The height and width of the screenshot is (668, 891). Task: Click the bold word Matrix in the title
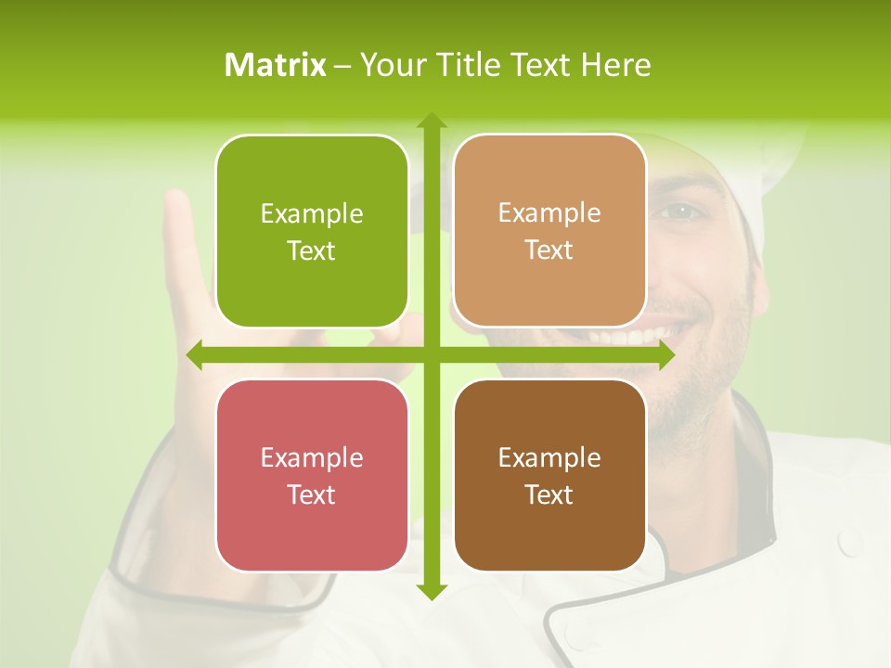pyautogui.click(x=276, y=65)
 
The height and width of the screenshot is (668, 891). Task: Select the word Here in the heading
pyautogui.click(x=616, y=65)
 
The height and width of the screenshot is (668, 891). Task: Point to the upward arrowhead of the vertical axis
pyautogui.click(x=431, y=121)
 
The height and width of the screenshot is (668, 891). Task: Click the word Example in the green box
pyautogui.click(x=312, y=214)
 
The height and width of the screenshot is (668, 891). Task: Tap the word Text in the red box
pyautogui.click(x=312, y=495)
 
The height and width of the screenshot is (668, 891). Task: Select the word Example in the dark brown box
pyautogui.click(x=549, y=457)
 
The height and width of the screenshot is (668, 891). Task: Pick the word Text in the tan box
pyautogui.click(x=549, y=250)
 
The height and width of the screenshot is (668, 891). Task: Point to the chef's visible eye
pyautogui.click(x=682, y=211)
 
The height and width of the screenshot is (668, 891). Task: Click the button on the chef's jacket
pyautogui.click(x=852, y=540)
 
